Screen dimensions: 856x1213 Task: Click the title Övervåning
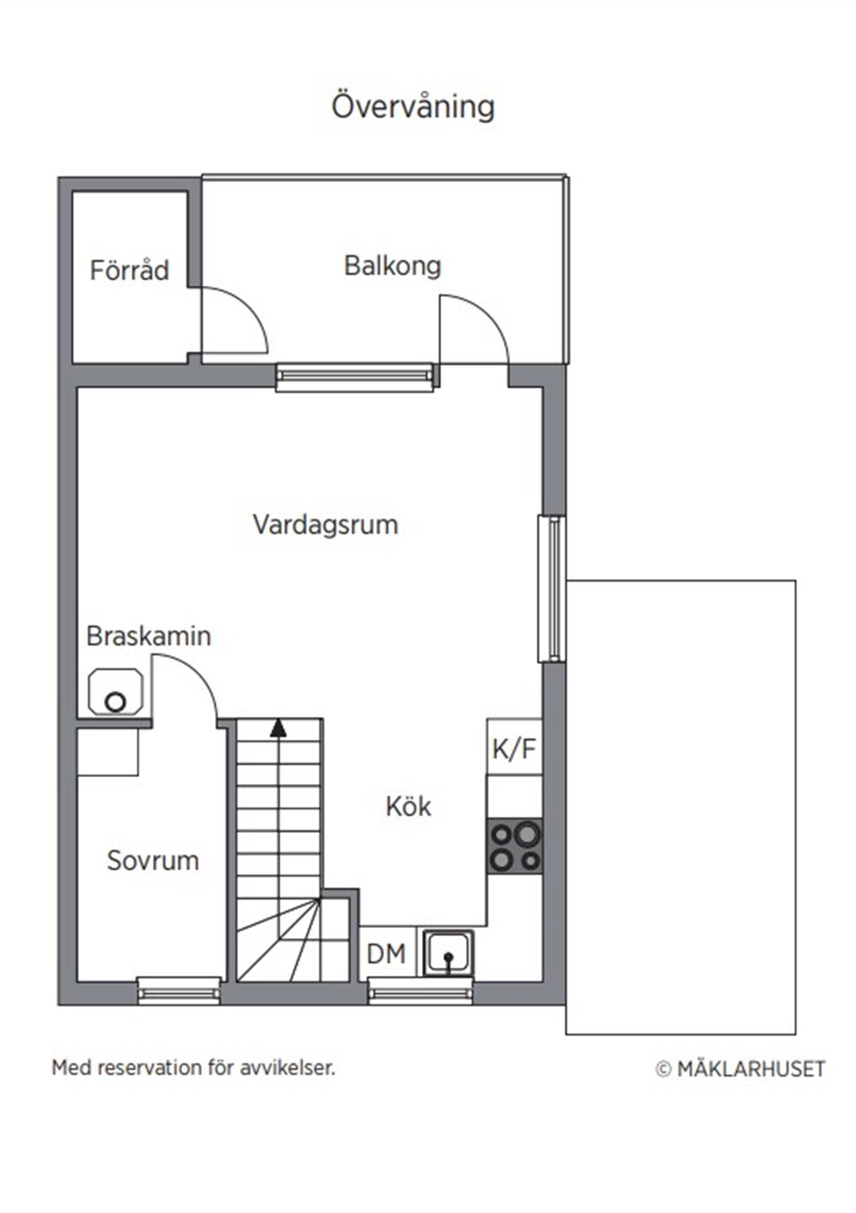[x=413, y=106]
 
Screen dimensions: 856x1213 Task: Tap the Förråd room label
[x=130, y=270]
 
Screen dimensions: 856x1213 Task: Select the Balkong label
[x=392, y=266]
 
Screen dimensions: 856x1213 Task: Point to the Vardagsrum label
[x=326, y=525]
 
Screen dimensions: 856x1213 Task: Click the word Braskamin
[x=149, y=636]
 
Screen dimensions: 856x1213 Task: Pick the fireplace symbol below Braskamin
[x=115, y=692]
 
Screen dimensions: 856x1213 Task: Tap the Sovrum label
[x=153, y=860]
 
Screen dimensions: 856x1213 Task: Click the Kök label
[x=408, y=806]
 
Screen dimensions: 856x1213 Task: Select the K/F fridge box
[x=515, y=747]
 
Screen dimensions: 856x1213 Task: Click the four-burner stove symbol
[x=515, y=847]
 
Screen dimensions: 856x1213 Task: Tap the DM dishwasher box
[x=387, y=953]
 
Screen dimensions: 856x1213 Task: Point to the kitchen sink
[x=448, y=953]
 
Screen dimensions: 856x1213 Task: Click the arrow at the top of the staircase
[x=278, y=728]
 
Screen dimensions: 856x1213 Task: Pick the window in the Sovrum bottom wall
[x=179, y=991]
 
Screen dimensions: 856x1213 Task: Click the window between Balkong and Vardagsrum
[x=355, y=377]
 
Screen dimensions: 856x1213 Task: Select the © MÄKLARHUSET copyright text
[x=740, y=1069]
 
